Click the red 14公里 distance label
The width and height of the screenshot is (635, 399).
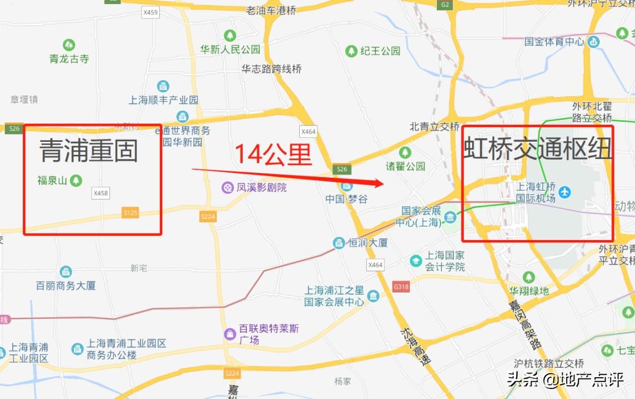(273, 154)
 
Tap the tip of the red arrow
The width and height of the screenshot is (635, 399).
(383, 184)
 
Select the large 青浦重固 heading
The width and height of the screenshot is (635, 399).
(89, 151)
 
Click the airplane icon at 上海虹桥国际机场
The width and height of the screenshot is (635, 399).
(565, 192)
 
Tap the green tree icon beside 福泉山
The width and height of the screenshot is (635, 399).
(75, 181)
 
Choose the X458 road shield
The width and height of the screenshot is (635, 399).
(101, 193)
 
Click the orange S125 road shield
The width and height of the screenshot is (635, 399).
(131, 212)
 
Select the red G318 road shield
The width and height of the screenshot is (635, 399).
(400, 287)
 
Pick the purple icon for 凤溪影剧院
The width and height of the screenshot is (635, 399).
(226, 188)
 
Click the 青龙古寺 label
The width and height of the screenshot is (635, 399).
(69, 58)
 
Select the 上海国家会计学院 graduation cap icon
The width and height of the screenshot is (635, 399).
(416, 260)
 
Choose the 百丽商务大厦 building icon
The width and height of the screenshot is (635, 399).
(66, 272)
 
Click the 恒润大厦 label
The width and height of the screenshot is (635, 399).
(367, 242)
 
